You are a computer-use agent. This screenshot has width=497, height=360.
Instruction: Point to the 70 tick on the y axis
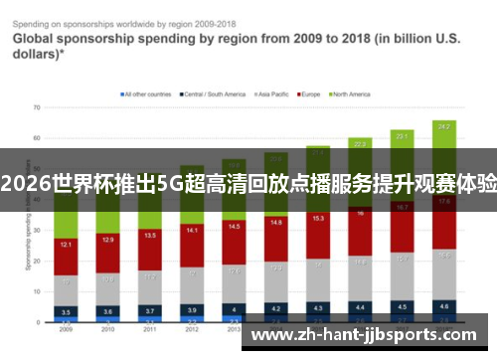pos(36,106)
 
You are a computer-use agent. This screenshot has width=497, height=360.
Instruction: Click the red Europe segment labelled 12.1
pos(67,244)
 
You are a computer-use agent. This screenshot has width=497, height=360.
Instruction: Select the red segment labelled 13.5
pos(151,237)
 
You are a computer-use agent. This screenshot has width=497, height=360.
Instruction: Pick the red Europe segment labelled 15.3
pos(318,218)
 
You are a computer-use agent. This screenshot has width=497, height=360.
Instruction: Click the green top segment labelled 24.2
pos(444,126)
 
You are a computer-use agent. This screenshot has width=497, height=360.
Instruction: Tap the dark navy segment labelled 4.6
pos(444,305)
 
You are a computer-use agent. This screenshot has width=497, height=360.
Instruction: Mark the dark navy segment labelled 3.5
pos(67,310)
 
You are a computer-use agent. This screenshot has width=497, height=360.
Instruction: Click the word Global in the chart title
pos(34,41)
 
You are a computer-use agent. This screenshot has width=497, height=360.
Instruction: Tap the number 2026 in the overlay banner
pos(26,182)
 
